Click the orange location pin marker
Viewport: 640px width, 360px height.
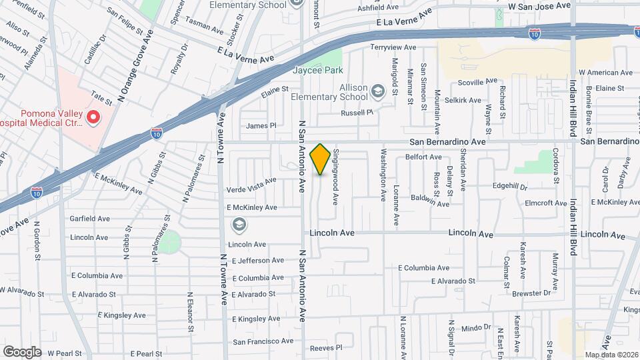tap(321, 159)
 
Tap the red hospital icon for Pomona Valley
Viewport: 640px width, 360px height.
tap(93, 118)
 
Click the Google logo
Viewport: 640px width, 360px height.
tap(22, 351)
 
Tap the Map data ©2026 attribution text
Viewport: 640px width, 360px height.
tap(611, 355)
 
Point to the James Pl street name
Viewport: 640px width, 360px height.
tap(261, 125)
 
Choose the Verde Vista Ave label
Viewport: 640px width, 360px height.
tap(251, 181)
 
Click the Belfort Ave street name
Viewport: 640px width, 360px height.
tap(423, 157)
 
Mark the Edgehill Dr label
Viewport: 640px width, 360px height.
tap(510, 187)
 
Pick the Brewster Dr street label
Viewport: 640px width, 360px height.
tap(532, 292)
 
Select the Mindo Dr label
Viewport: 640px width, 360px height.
tap(475, 327)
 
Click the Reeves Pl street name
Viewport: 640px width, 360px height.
tap(326, 347)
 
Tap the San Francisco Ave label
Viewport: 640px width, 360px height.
tap(263, 341)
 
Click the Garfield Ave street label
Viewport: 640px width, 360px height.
tap(90, 219)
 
